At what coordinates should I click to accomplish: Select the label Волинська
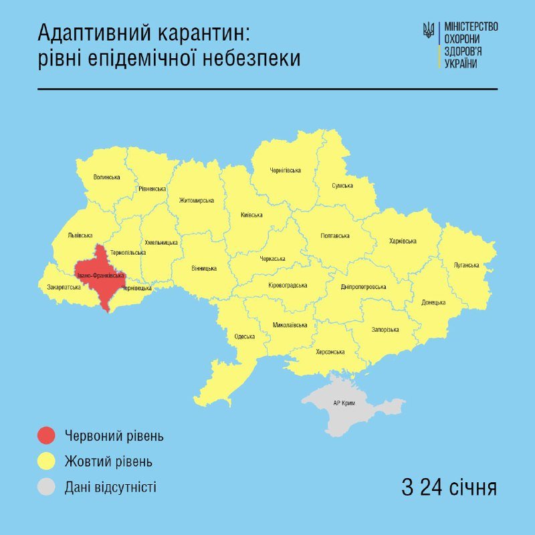tap(107, 177)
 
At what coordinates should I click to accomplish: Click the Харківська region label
tap(403, 241)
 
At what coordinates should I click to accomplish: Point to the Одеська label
tap(245, 336)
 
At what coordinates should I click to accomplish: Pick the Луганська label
tap(466, 265)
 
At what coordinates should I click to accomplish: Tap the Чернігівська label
tap(286, 171)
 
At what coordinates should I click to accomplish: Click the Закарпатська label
tap(64, 288)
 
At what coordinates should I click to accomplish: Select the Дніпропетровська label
tap(363, 287)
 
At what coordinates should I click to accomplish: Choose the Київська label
tap(251, 215)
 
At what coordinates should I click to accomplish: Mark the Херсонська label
tap(330, 352)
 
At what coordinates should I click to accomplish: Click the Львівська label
tap(80, 235)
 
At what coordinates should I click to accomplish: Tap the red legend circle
tap(46, 436)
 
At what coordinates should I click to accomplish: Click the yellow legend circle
tap(46, 461)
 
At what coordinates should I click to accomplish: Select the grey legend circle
tap(46, 486)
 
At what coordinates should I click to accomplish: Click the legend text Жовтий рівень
tap(108, 461)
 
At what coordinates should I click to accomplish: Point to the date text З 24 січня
tap(449, 487)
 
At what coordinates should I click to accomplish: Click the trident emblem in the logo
tap(428, 30)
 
